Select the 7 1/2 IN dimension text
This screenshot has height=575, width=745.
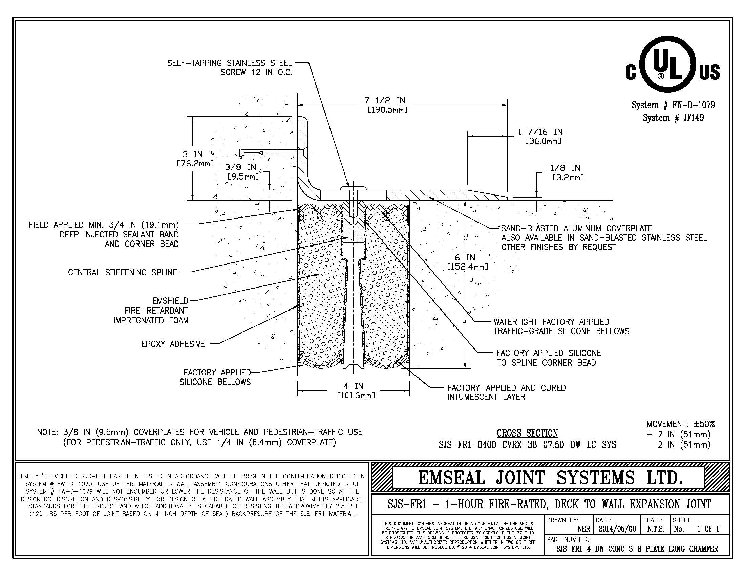[385, 100]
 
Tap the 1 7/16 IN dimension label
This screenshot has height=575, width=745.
[540, 132]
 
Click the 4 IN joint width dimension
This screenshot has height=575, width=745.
[354, 386]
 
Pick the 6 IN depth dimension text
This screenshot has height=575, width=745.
[465, 257]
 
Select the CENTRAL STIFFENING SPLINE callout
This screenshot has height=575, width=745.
[123, 273]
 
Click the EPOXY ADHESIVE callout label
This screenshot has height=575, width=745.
[173, 344]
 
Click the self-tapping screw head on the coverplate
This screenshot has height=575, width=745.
[353, 188]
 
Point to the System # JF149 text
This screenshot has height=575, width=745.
[673, 118]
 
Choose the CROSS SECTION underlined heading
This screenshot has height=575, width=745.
[527, 433]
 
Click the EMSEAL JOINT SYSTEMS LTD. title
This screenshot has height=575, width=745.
[551, 478]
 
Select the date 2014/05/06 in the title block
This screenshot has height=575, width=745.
[617, 529]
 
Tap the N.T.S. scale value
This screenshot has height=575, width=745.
[656, 529]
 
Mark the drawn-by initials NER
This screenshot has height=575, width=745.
[584, 529]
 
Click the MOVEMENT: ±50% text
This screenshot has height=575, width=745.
[681, 424]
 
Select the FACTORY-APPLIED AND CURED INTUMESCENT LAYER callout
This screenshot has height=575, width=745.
[507, 392]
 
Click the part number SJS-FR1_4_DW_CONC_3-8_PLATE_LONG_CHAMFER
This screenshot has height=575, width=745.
[637, 549]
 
